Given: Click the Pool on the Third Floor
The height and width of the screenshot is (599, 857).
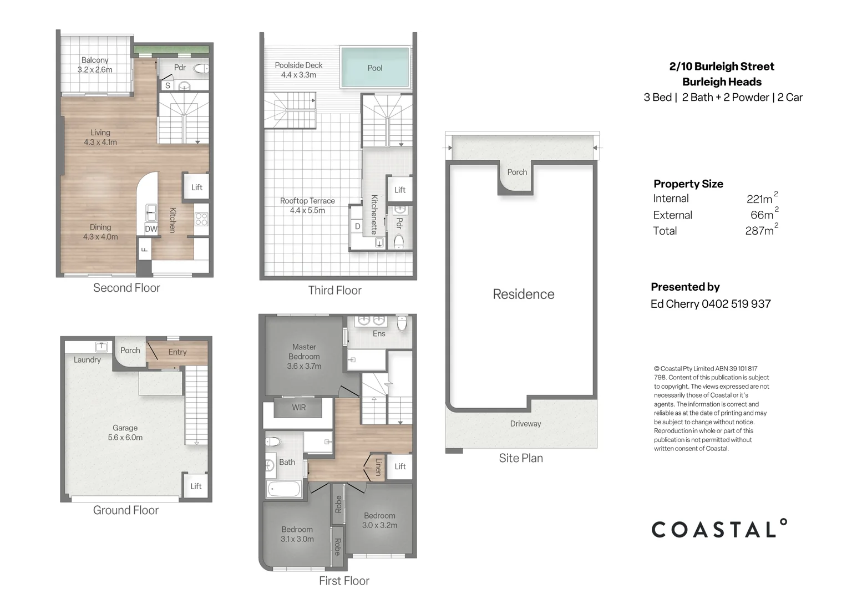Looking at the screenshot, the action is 375,67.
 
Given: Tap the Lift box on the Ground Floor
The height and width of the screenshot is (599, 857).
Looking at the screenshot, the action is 196,486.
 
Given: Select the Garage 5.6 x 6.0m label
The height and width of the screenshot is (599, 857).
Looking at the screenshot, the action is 125,433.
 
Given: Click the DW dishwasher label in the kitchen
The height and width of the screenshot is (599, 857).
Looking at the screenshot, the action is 151,229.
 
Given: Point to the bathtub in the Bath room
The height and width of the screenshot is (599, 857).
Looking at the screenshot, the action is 284,489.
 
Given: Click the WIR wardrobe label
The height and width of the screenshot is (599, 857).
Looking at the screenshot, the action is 299,407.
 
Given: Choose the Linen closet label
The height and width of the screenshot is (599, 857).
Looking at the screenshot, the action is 378,467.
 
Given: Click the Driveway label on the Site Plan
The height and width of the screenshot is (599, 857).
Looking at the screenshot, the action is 525,423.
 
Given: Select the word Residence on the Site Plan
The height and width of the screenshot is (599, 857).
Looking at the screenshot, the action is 524,294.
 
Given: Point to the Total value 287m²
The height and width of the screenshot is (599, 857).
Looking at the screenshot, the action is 762,230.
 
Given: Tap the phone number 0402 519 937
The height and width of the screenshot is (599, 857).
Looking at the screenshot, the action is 736,304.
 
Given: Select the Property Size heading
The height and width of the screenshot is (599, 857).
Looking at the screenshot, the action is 688,184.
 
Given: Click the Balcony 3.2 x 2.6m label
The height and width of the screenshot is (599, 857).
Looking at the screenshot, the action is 95,65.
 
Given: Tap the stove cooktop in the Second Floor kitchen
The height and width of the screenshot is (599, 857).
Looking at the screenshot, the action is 201,219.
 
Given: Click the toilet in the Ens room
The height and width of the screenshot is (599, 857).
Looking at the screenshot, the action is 402,323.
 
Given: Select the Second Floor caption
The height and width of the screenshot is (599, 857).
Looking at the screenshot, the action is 126,288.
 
